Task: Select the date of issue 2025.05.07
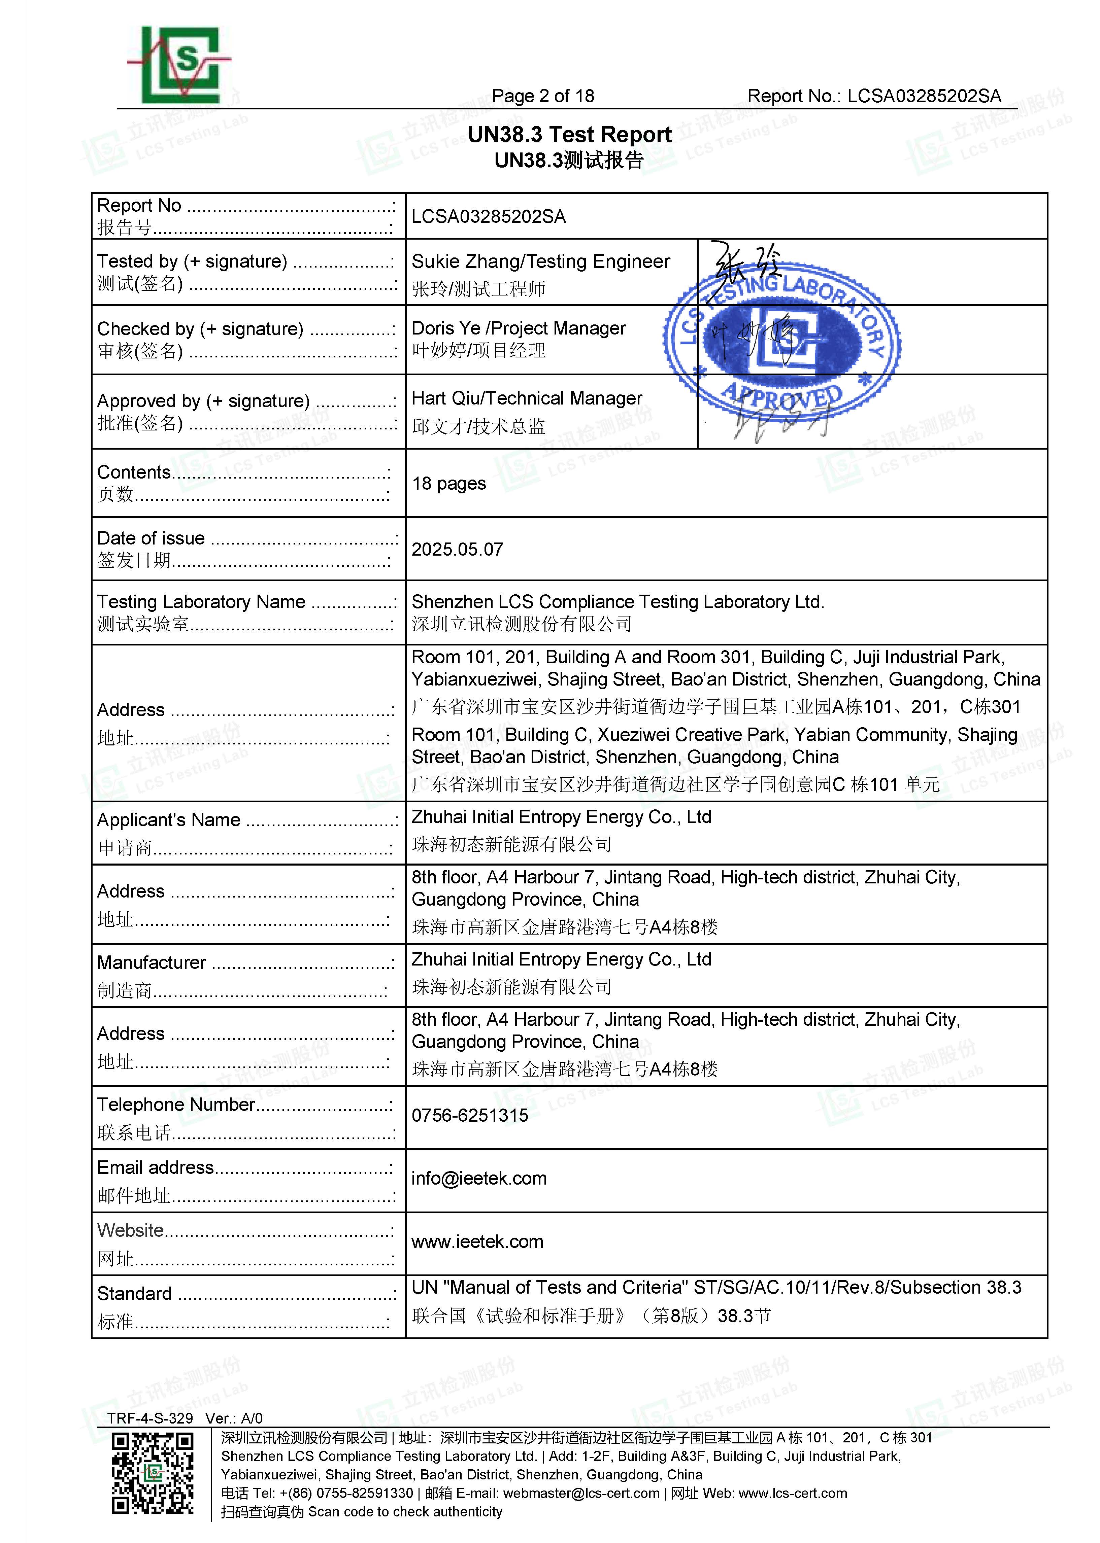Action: pos(457,549)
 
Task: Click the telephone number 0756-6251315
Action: pos(469,1115)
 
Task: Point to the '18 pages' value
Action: pos(448,483)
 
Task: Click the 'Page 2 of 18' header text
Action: pos(542,96)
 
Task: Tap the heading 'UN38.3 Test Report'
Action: pos(569,135)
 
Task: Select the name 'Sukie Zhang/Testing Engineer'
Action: pos(540,261)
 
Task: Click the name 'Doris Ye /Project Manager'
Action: pos(518,328)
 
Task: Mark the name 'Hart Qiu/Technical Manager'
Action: pos(526,398)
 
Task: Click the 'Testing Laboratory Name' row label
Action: pos(201,602)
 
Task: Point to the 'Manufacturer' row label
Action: pos(151,962)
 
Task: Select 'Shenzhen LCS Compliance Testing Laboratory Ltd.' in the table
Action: pos(617,602)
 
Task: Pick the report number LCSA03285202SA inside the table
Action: pos(488,217)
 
